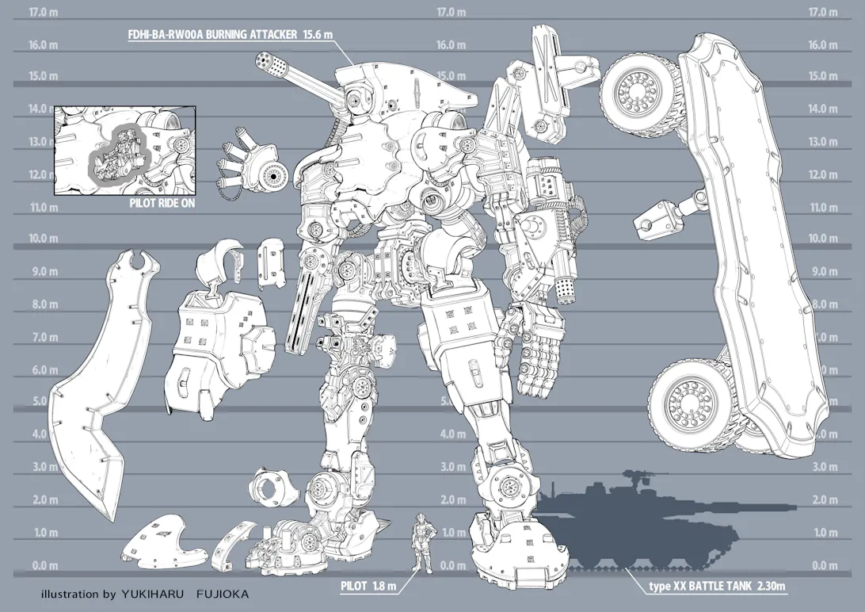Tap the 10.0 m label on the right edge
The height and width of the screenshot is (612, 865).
click(823, 238)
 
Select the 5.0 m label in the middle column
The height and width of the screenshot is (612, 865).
click(452, 401)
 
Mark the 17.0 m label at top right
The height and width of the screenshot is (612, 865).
click(823, 12)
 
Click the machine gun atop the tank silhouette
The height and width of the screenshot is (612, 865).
click(633, 477)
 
